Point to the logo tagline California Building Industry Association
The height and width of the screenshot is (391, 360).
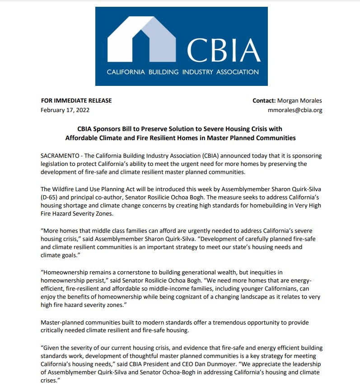click(x=182, y=72)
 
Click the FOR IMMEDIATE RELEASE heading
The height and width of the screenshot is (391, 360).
click(x=76, y=100)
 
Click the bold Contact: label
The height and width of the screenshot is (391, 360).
click(x=264, y=100)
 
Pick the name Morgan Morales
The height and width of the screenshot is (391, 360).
click(x=299, y=100)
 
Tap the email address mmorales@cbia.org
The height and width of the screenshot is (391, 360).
click(x=295, y=110)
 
